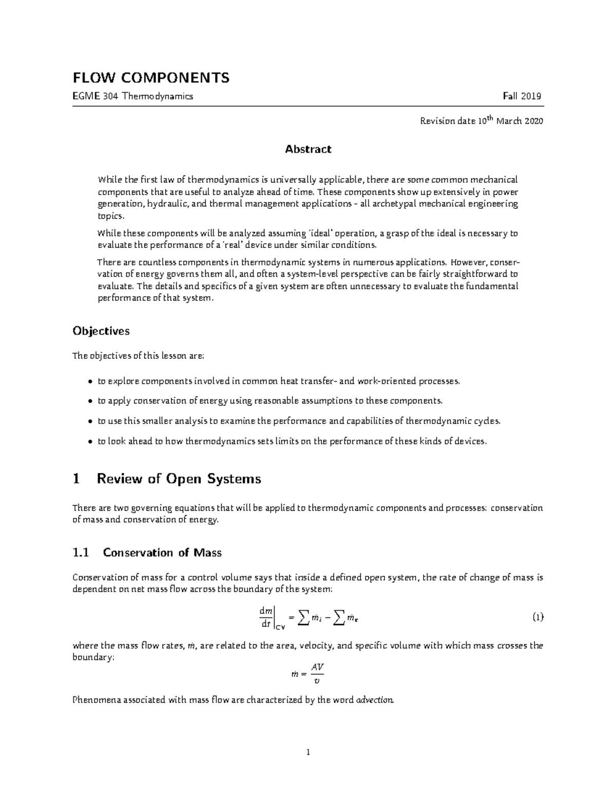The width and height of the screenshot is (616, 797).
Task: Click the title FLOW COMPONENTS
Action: tap(151, 78)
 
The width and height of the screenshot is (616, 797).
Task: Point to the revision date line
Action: tap(481, 121)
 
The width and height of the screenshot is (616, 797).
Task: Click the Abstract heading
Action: tap(308, 149)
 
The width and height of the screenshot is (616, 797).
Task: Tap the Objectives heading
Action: tap(101, 331)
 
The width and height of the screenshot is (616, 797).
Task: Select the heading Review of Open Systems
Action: tap(179, 479)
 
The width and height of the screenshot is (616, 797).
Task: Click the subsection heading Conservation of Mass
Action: tap(162, 553)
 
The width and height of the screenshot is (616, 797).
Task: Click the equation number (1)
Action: tap(537, 617)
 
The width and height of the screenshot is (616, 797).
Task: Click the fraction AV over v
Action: tap(317, 674)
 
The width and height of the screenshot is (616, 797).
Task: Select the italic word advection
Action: tap(375, 700)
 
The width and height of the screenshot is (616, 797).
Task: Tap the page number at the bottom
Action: tap(308, 753)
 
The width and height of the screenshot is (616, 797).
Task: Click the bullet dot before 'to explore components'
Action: tap(90, 382)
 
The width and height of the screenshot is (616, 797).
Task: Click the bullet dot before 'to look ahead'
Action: tap(90, 441)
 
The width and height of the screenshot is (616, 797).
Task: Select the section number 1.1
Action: tap(81, 553)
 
